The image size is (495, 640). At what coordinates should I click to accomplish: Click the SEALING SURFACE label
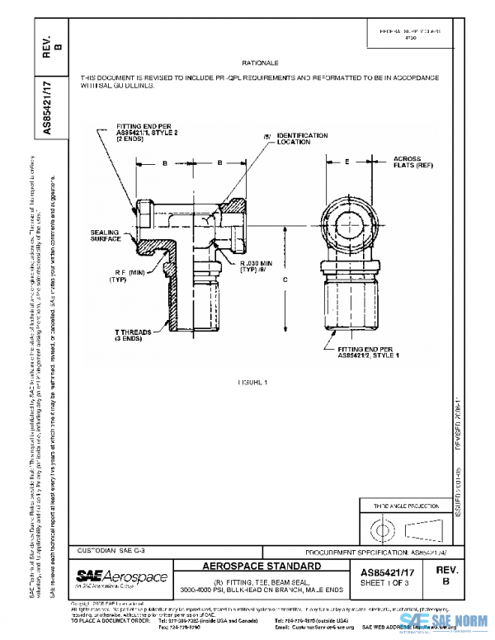(105, 236)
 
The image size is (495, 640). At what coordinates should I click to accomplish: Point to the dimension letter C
(285, 280)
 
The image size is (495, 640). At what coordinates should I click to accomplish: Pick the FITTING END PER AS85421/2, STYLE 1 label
(367, 354)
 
